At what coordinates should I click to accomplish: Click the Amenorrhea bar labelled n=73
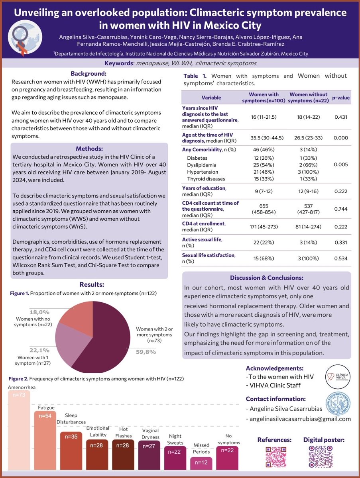click(x=19, y=430)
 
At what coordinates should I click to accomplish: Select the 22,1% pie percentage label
click(x=38, y=350)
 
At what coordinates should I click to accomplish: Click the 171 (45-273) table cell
click(x=264, y=227)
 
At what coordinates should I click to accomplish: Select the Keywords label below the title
click(x=119, y=63)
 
